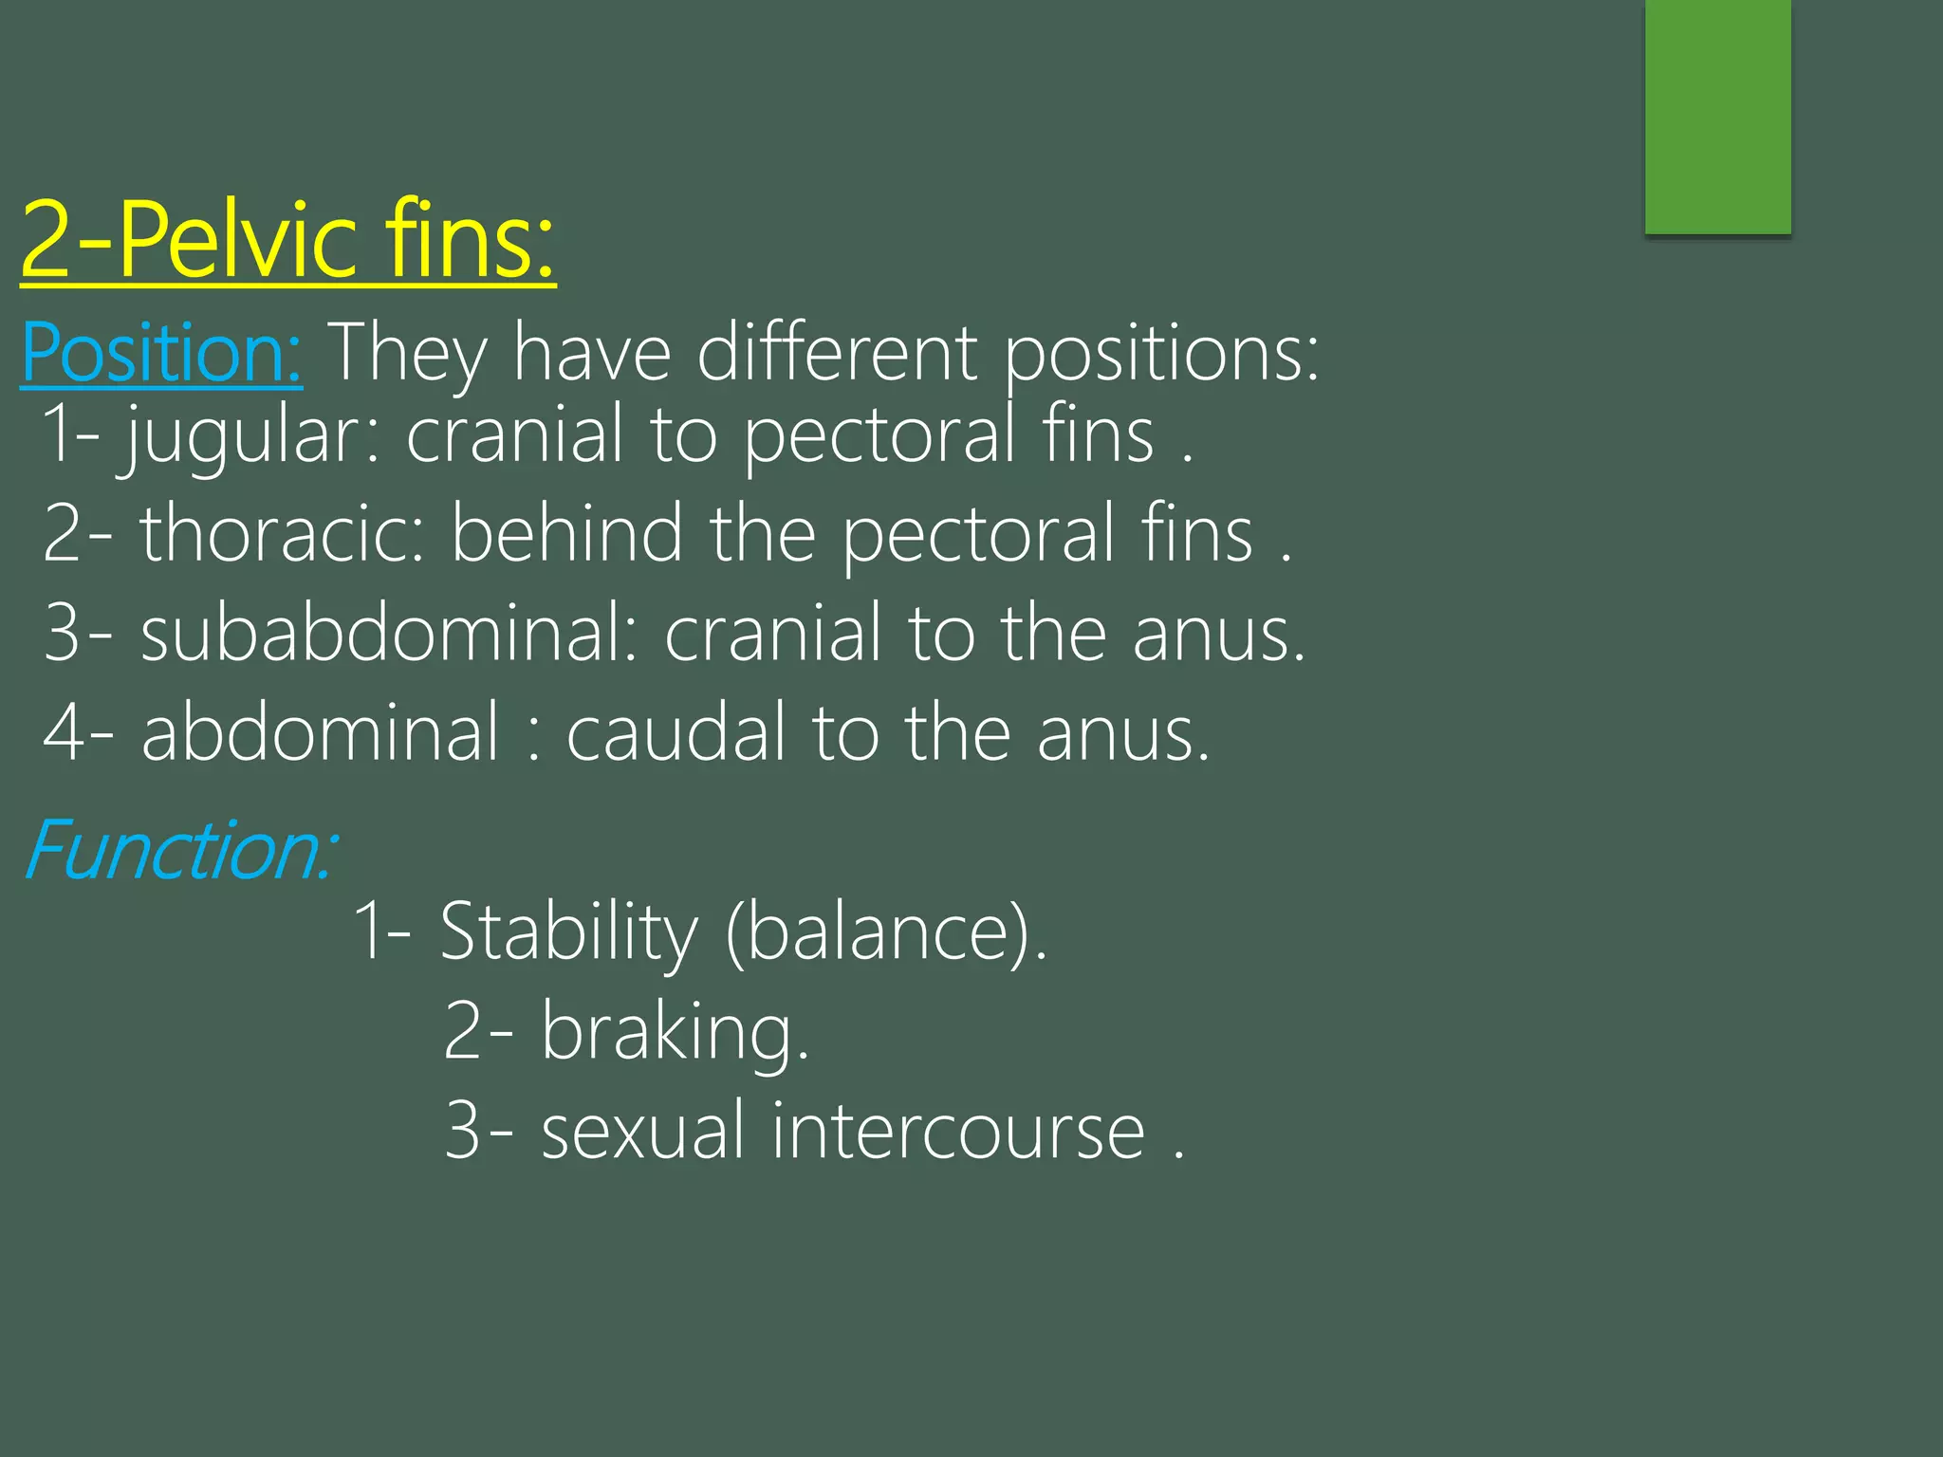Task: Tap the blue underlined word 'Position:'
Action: tap(161, 353)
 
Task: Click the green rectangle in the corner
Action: tap(1717, 116)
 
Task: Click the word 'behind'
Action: tap(566, 533)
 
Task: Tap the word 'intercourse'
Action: tap(958, 1131)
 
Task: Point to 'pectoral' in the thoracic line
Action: tap(978, 533)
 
